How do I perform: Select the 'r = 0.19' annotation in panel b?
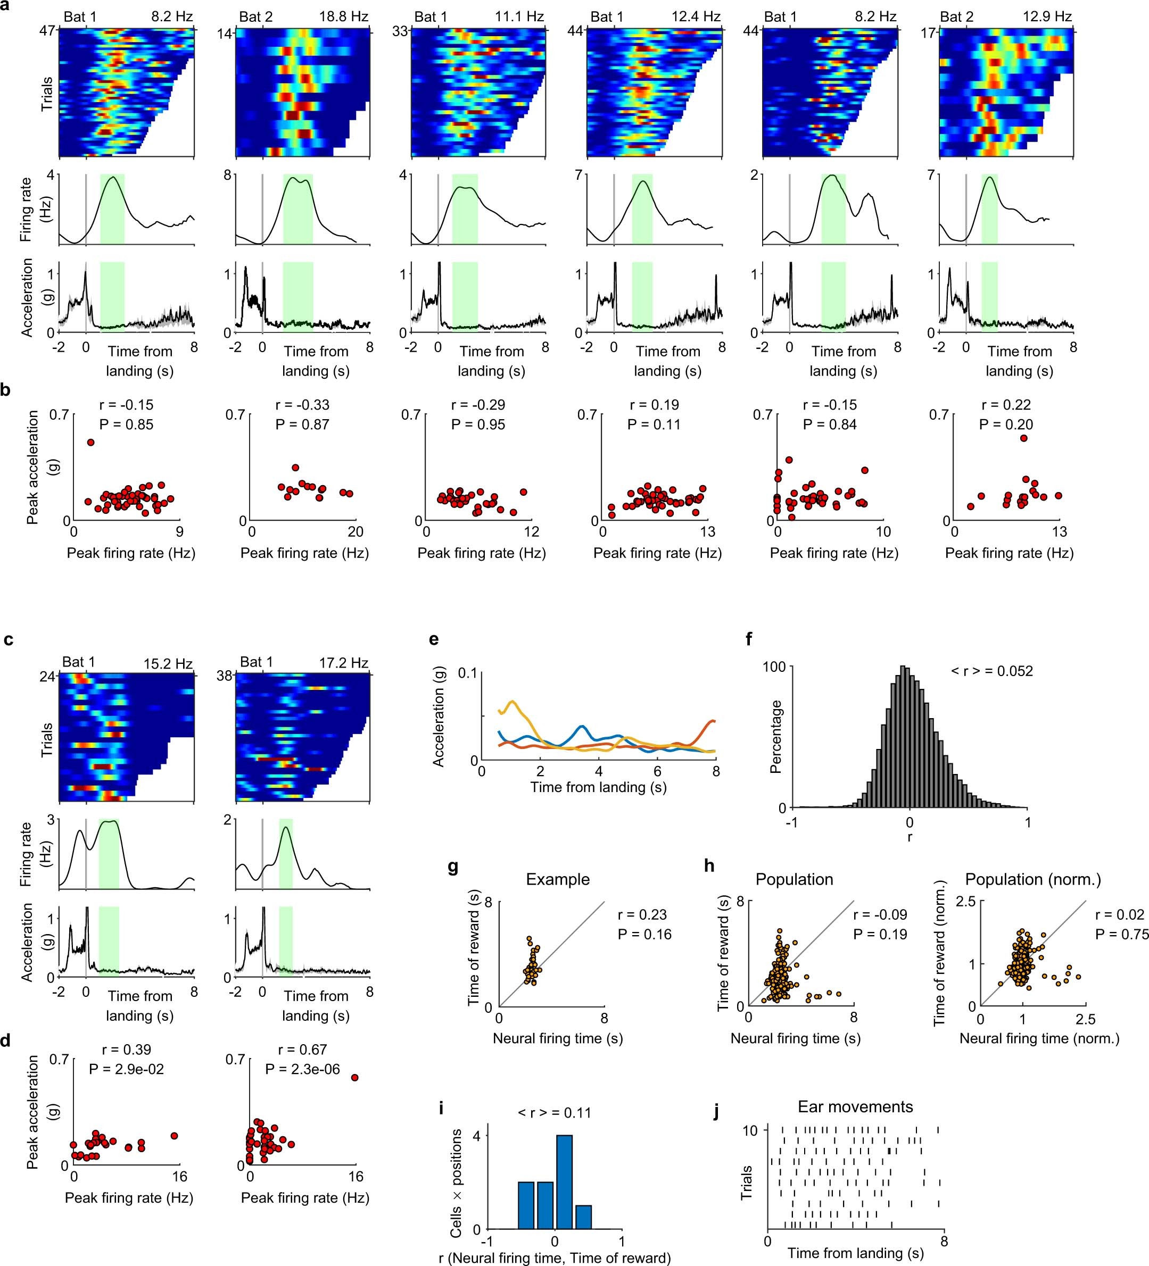(654, 405)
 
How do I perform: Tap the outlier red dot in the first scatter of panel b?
(90, 442)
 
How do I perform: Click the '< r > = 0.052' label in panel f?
(992, 671)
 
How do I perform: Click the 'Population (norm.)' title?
(1033, 879)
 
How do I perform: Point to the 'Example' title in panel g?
(558, 879)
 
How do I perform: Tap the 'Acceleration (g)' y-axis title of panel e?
(439, 727)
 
